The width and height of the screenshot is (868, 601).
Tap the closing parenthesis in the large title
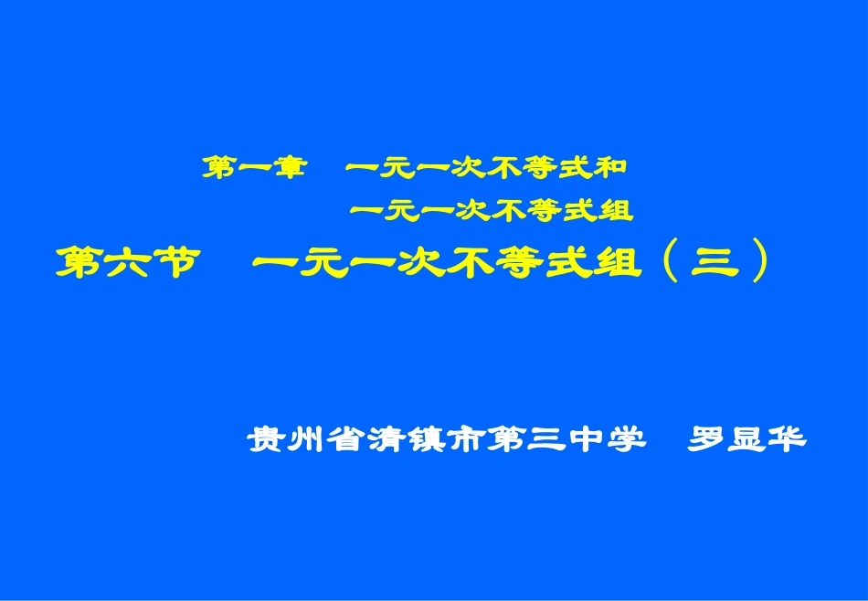click(757, 263)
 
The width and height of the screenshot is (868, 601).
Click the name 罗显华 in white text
click(746, 439)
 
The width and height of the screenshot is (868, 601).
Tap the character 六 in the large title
click(127, 263)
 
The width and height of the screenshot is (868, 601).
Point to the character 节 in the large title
click(174, 263)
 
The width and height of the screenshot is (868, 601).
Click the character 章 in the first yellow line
click(287, 167)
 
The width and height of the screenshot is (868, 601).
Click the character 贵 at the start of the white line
click(263, 439)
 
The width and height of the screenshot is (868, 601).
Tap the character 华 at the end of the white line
click(787, 439)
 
